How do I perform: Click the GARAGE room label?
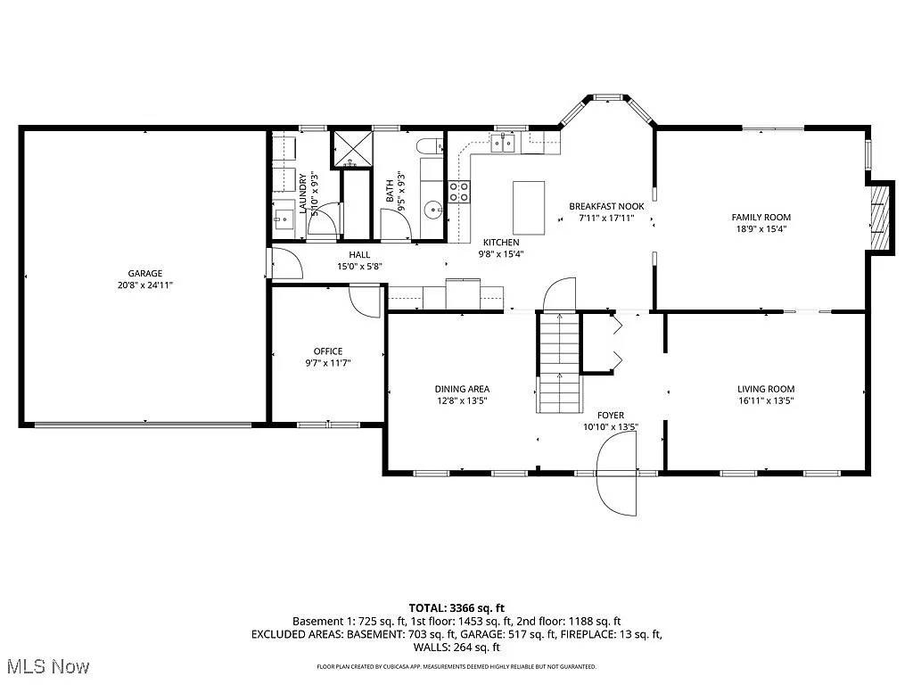tap(144, 274)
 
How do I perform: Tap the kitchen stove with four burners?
tap(459, 191)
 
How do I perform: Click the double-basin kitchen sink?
tap(505, 144)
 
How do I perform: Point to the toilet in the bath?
tap(428, 145)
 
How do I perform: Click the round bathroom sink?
tap(433, 210)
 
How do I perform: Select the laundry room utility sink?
tap(284, 216)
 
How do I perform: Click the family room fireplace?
tap(880, 217)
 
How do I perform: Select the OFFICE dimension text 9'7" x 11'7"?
tap(327, 362)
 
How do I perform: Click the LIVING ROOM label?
tap(765, 389)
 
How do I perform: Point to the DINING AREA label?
tap(462, 389)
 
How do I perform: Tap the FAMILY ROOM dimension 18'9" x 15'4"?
tap(761, 228)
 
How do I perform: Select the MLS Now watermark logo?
tap(46, 666)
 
